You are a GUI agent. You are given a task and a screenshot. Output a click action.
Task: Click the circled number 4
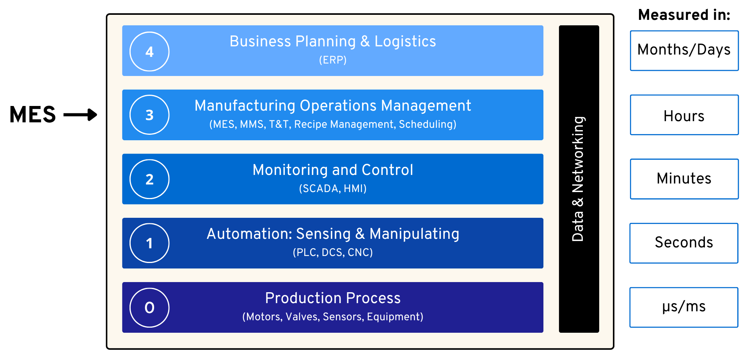[149, 51]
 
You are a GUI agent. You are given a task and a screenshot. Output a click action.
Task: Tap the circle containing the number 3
[149, 115]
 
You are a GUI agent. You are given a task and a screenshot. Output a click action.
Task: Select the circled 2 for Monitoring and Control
[149, 179]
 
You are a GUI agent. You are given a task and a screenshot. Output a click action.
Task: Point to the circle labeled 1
[149, 243]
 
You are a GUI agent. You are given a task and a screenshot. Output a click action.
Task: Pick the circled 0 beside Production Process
[149, 307]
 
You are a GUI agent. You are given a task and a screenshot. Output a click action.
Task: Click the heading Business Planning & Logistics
[332, 41]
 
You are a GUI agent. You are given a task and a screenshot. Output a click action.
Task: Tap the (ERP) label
[333, 60]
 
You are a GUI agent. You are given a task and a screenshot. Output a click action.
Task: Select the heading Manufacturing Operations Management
[333, 106]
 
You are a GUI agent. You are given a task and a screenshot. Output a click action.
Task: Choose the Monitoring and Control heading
[333, 170]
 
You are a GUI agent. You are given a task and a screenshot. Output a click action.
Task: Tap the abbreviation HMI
[354, 189]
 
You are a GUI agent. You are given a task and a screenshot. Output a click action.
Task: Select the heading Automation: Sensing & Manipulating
[333, 234]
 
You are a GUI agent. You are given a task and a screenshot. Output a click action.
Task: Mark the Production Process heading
[333, 298]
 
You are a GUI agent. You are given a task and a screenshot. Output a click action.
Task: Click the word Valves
[302, 317]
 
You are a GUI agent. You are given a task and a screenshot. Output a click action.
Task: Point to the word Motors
[263, 317]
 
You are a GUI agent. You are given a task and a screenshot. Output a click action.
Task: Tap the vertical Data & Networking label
[578, 179]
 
